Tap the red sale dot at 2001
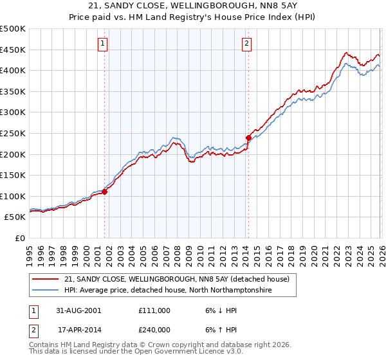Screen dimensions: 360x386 (x=105, y=192)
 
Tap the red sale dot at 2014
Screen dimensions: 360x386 (x=248, y=138)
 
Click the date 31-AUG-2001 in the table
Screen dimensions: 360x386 (x=80, y=310)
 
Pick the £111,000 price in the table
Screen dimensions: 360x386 (x=154, y=310)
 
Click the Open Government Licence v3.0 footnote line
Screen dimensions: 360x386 (x=136, y=353)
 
